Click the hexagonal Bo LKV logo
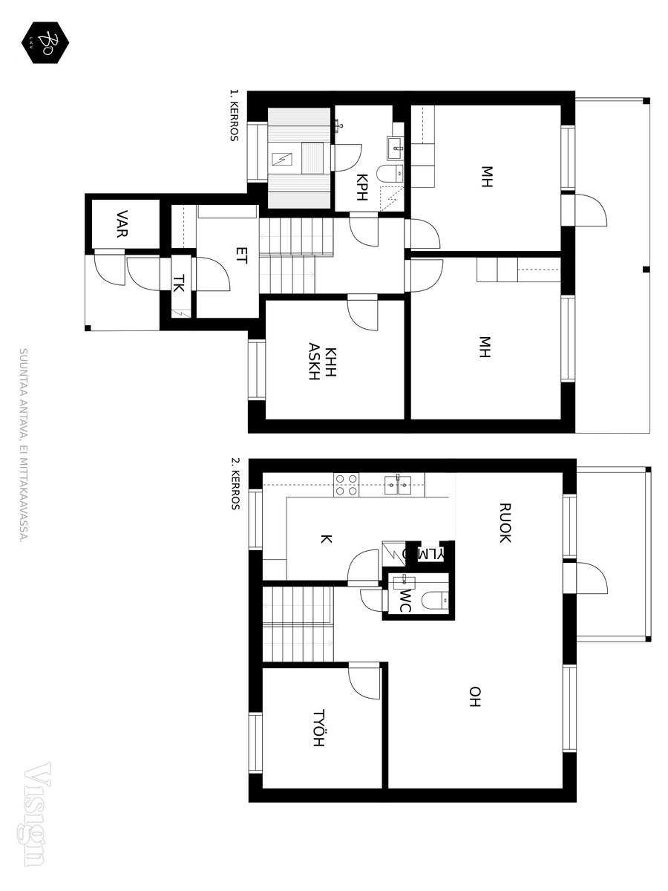coord(45,42)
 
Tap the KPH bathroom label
coord(361,187)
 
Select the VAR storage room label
coord(122,223)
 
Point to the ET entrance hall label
coord(241,255)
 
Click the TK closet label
coord(179,284)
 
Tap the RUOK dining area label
coord(505,523)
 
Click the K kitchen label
coord(326,539)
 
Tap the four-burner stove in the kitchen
coord(347,485)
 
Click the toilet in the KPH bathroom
coord(390,174)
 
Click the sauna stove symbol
coord(282,159)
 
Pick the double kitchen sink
coord(398,485)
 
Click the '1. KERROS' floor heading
coord(234,115)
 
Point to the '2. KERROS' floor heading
coord(235,483)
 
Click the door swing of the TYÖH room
coord(364,682)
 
